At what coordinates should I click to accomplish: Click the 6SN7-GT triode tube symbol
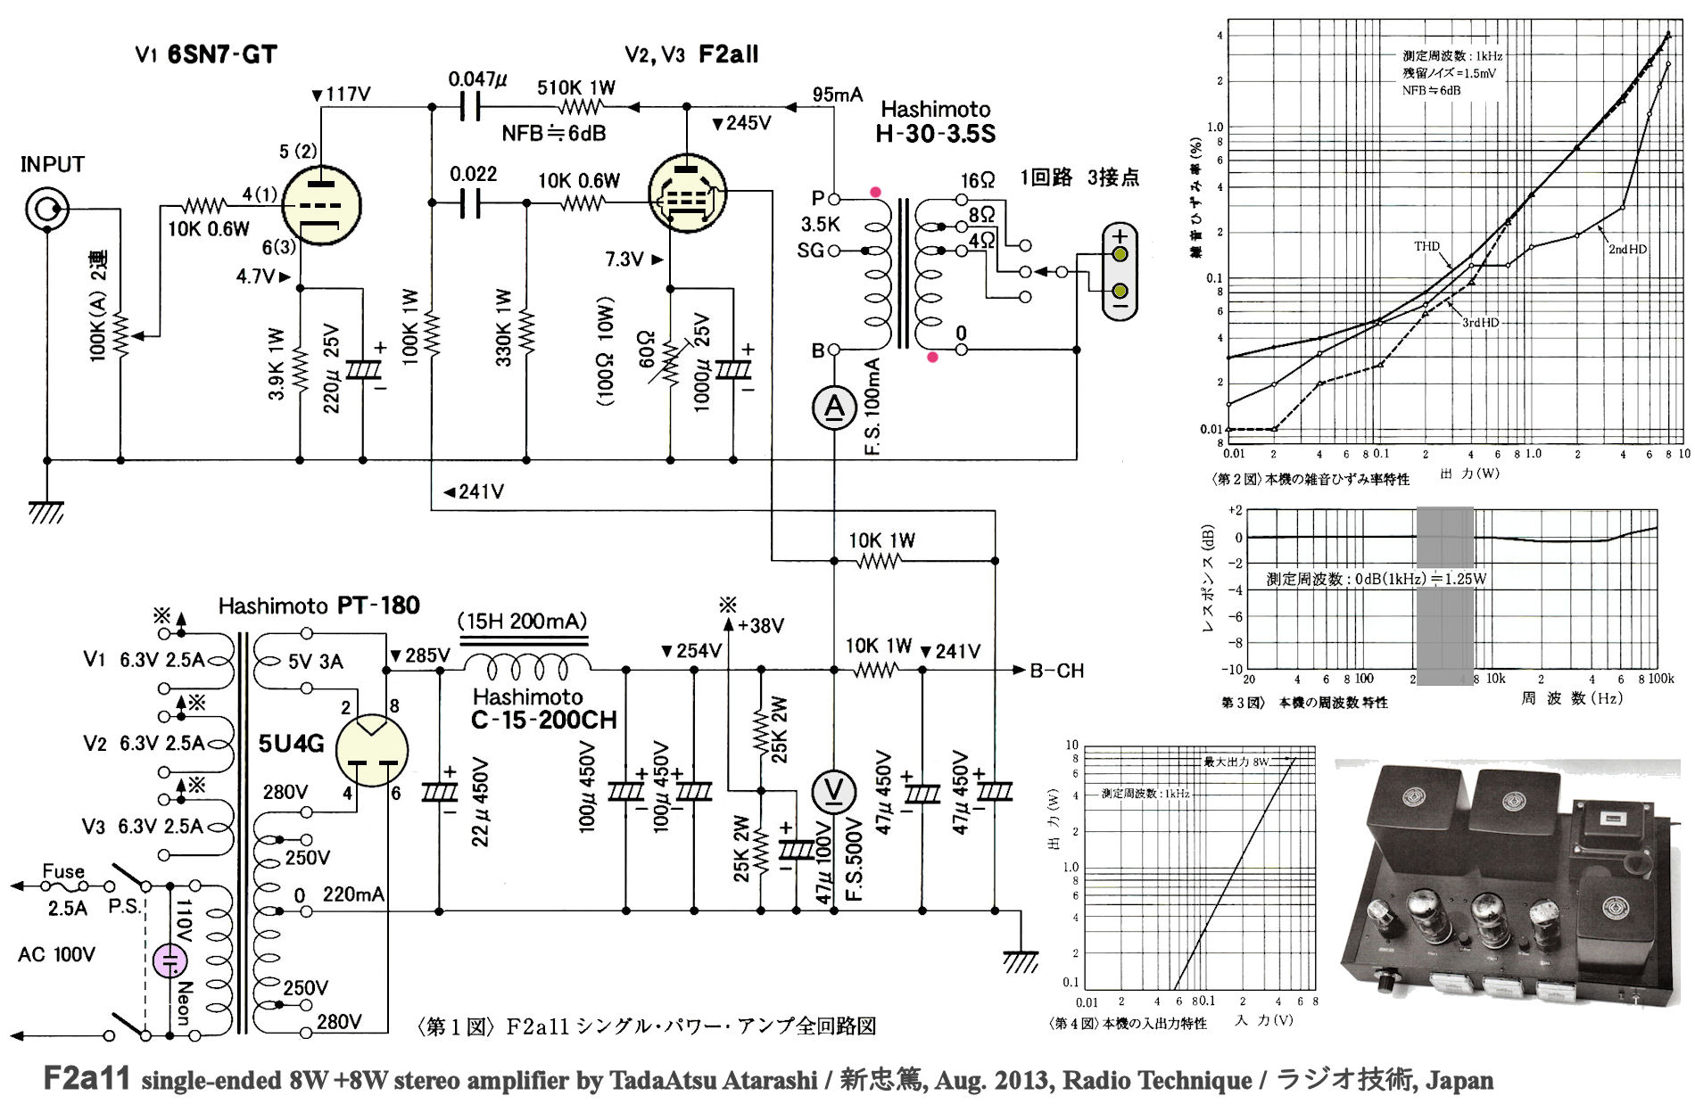click(321, 206)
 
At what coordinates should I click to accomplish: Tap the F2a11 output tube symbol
click(687, 194)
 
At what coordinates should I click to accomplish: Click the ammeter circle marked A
click(834, 408)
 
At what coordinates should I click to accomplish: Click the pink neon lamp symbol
click(169, 961)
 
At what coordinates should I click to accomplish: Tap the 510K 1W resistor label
click(576, 87)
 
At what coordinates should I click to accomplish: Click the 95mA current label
click(837, 95)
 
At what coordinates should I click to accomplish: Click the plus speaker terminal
click(1120, 254)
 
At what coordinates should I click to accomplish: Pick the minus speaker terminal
click(1120, 292)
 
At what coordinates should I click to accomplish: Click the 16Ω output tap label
click(978, 180)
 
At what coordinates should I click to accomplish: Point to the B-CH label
click(1057, 671)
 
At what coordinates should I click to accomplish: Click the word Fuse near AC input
click(63, 871)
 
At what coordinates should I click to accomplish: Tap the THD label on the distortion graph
click(1426, 246)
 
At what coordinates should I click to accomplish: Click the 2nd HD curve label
click(1627, 250)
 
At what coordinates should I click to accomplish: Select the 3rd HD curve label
click(1480, 322)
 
